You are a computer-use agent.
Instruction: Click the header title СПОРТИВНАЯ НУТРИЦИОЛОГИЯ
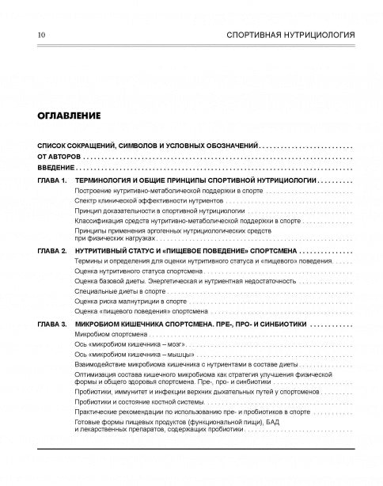(290, 36)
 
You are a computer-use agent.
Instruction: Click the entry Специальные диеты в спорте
(110, 291)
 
